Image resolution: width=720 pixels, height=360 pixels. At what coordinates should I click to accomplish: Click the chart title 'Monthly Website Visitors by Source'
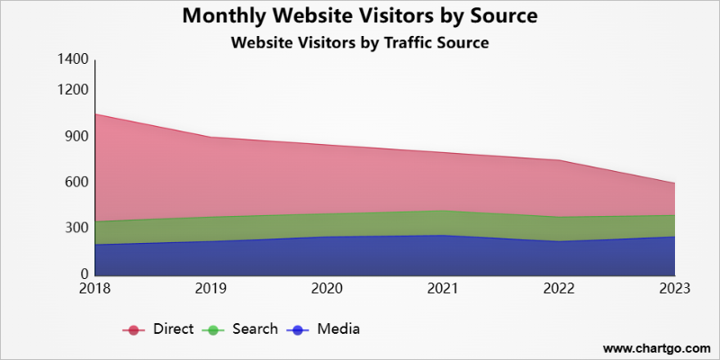pos(359,16)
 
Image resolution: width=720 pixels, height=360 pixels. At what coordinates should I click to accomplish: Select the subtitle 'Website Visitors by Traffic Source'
pos(359,42)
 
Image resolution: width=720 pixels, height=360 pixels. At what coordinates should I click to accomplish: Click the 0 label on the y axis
pos(85,274)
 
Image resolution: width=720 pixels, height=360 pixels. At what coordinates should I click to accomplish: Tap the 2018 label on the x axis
pos(94,288)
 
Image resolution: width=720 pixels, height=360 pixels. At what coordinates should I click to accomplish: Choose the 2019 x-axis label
pos(210,288)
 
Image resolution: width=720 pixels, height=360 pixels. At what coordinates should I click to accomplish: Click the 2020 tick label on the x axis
pos(326,288)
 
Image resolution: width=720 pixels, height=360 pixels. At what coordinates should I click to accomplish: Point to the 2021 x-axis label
pos(442,288)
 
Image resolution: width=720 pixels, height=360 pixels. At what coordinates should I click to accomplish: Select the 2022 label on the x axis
pos(558,288)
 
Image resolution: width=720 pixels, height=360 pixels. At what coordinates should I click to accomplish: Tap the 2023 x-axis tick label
pos(674,288)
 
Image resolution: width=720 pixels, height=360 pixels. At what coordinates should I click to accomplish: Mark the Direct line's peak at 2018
pos(94,114)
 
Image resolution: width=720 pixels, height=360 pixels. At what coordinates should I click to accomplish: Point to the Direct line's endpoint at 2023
pos(674,184)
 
